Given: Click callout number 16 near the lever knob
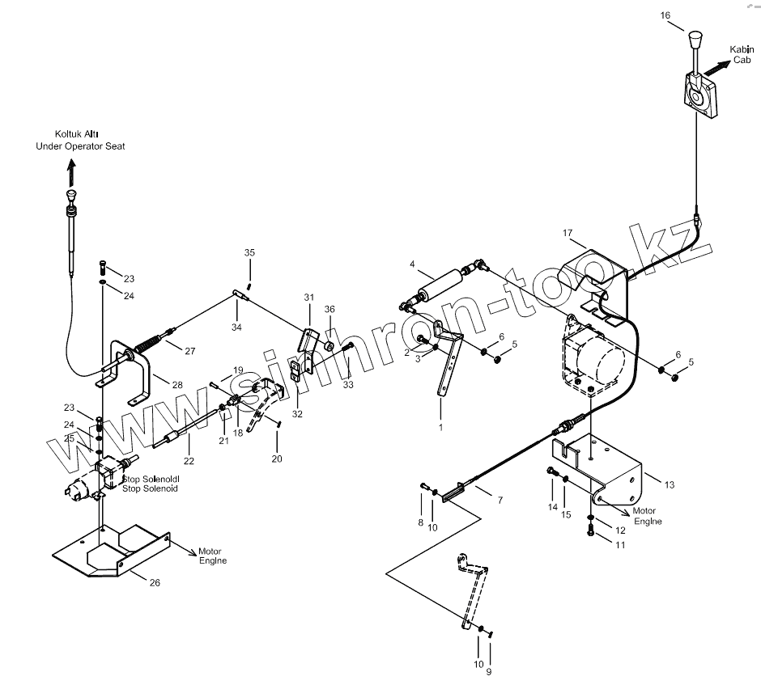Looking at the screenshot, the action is pos(665,15).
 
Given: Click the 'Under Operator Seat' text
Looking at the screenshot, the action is pos(80,146).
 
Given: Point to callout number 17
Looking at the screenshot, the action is pos(568,233).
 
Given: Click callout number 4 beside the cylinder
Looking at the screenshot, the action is pos(412,264).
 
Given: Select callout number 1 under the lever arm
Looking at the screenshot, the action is pos(441,426).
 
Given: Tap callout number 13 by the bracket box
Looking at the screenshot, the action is pos(668,484).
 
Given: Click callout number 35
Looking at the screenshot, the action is pos(250,253).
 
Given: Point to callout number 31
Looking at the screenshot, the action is pos(308,298).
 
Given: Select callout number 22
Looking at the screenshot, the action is pos(188,461).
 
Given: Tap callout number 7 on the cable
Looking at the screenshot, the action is pos(500,501).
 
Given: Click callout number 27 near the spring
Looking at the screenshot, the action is pos(189,351).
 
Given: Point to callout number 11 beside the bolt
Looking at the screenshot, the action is pos(619,546).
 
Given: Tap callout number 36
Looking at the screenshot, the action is pos(329,309).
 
